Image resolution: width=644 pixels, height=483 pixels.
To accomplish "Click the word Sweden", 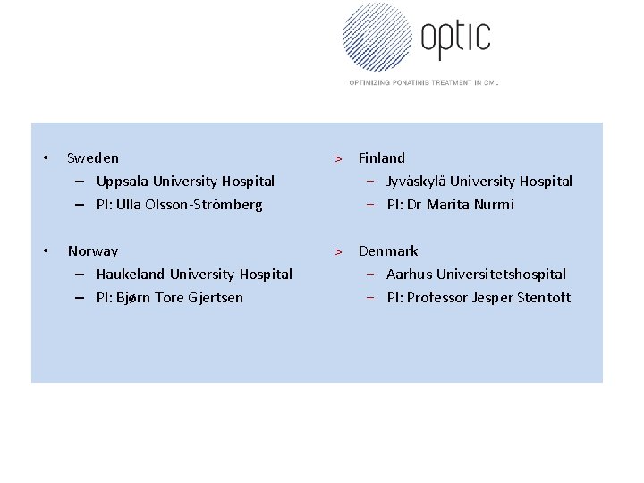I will click(x=93, y=158).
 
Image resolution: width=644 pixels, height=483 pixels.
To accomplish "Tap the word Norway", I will click(x=93, y=251).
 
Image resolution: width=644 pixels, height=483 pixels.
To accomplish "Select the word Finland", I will click(x=382, y=158).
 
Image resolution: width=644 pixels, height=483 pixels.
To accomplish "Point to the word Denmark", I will click(x=388, y=251).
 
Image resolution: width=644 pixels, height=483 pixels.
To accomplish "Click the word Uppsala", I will click(x=123, y=182).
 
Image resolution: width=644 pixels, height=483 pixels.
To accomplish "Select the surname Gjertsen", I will click(x=215, y=298).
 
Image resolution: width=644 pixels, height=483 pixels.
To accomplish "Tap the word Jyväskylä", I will click(x=416, y=182).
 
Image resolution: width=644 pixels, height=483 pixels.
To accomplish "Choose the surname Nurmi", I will click(x=496, y=205).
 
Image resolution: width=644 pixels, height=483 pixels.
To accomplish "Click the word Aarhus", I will click(x=409, y=275).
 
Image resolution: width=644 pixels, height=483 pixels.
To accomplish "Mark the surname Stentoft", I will click(x=544, y=298).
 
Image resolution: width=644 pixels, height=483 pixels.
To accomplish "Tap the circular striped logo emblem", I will click(x=377, y=37).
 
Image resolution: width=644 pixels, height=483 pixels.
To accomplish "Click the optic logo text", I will click(x=455, y=37).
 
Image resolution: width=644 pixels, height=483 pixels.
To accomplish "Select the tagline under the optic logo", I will click(x=423, y=82).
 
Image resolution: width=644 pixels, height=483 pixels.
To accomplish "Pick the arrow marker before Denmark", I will click(x=338, y=252).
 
